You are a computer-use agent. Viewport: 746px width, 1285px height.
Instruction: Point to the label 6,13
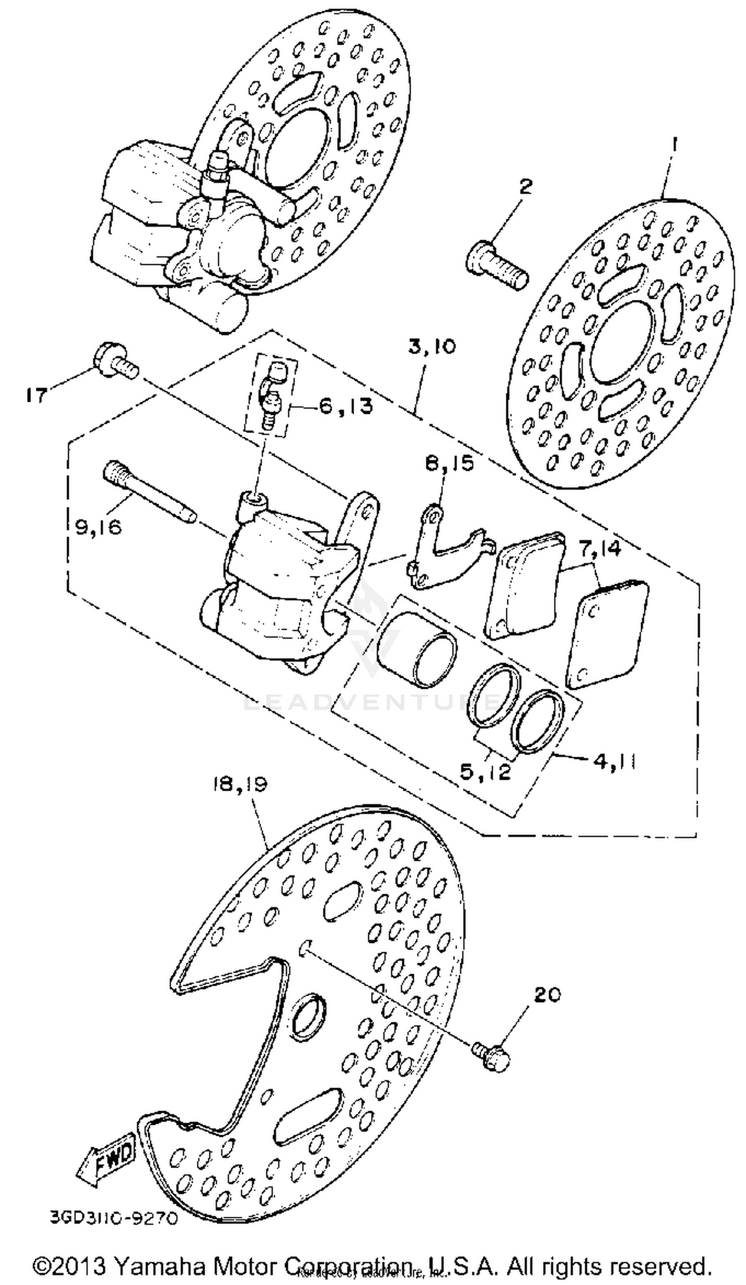[345, 406]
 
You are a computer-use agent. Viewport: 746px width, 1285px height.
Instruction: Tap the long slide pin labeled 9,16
[148, 489]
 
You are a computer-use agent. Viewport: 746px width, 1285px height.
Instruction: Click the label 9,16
[98, 527]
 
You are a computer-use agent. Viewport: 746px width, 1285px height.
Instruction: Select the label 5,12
[485, 771]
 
